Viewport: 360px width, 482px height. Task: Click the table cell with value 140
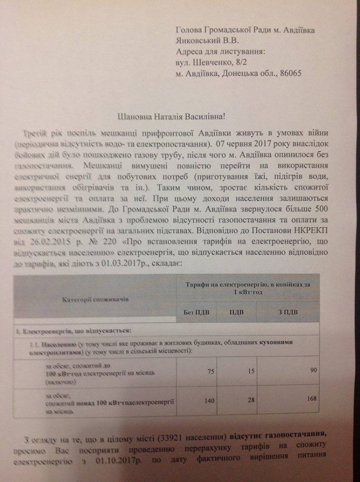point(207,398)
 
